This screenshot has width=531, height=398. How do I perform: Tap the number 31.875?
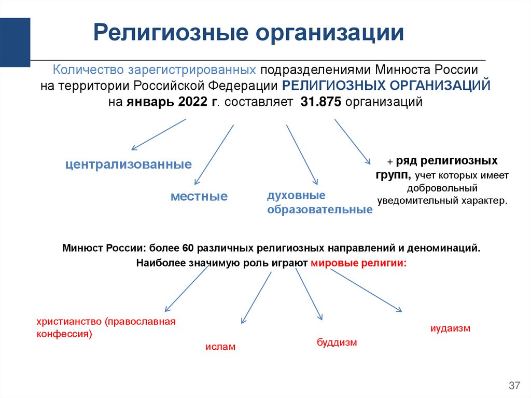tap(320, 102)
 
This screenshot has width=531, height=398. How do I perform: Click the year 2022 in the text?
tap(192, 102)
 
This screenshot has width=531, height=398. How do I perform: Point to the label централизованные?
tap(129, 165)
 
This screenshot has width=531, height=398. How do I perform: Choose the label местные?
tap(199, 197)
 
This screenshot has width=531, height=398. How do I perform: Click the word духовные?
tap(296, 196)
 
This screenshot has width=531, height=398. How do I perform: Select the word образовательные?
tap(319, 210)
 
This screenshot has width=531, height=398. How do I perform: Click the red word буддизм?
tap(337, 342)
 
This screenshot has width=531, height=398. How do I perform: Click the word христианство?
tap(69, 322)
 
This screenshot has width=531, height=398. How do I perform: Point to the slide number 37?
tap(514, 386)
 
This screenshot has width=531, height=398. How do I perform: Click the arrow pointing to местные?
tap(213, 154)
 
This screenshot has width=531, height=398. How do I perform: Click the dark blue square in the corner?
tap(15, 42)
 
